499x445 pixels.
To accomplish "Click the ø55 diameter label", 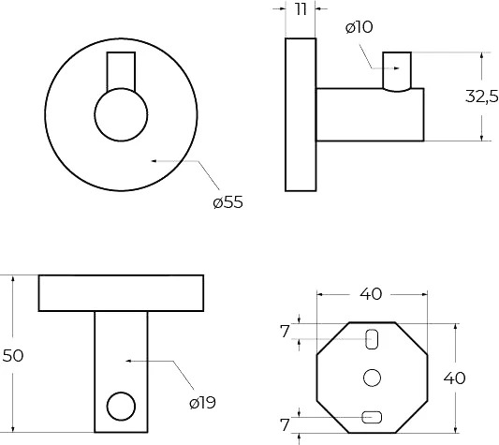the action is [227, 202].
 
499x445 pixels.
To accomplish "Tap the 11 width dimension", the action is [301, 9].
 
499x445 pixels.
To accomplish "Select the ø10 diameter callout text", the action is [359, 27].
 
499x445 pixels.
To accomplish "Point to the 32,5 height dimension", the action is [482, 96].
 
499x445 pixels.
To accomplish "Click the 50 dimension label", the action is [13, 355].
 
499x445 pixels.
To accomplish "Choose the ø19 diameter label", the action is [203, 403].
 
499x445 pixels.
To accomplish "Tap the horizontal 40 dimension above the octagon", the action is [371, 294].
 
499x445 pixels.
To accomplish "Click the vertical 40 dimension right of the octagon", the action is [454, 378].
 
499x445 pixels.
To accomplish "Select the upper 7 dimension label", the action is [285, 333].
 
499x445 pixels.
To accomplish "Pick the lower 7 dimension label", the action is [285, 424].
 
